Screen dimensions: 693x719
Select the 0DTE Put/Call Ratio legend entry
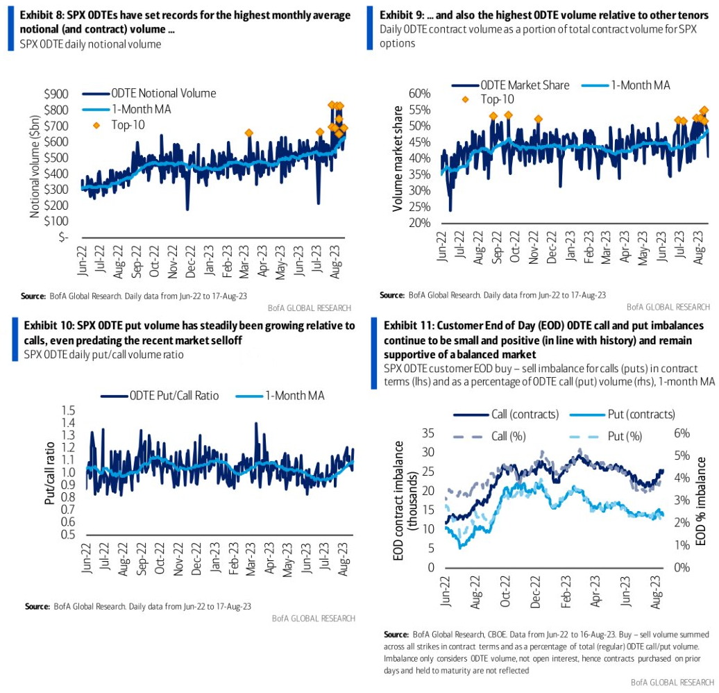(174, 396)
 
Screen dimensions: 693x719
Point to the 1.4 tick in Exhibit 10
(68, 422)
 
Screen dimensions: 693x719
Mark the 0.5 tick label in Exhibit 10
(68, 535)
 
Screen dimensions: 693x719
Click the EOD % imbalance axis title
(702, 500)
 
